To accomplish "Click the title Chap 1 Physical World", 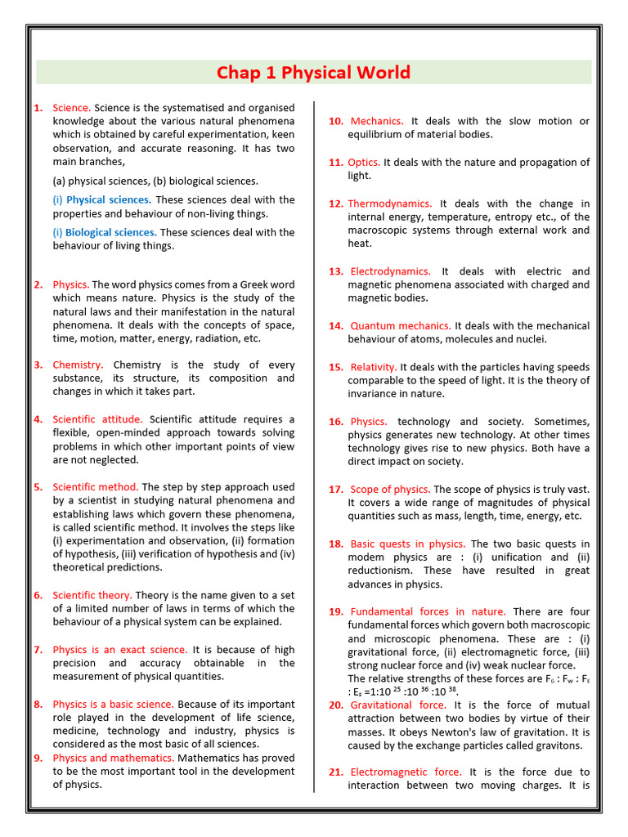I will click(313, 73).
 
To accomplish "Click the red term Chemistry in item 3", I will click(78, 365).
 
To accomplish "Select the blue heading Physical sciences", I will click(108, 199).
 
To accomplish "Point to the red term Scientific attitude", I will click(97, 419).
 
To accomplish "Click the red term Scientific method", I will click(95, 487).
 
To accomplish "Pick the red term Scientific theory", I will click(92, 595).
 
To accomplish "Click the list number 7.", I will click(38, 650).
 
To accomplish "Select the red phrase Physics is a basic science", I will click(113, 705).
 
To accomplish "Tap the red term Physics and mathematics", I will click(113, 758).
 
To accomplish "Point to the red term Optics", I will click(364, 163).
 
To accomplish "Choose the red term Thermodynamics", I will click(390, 204).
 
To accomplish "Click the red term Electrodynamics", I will click(390, 271).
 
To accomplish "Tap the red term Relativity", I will click(374, 367).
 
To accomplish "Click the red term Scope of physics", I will click(389, 490).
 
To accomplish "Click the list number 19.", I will click(335, 612).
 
